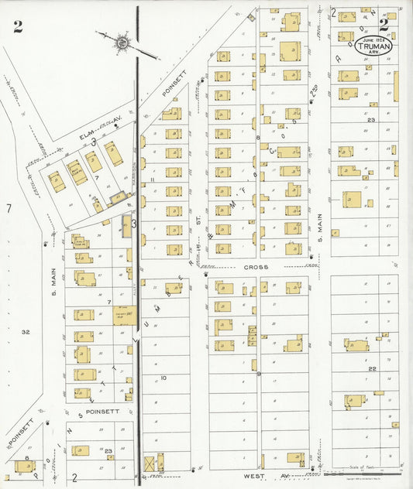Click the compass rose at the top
122,39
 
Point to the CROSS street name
256,267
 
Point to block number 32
26,332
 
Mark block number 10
163,378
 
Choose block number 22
372,369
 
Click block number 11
153,180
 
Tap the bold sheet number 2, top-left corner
17,28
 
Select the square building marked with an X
150,463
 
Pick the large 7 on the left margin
9,208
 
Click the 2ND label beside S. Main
315,91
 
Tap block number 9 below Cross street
258,374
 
